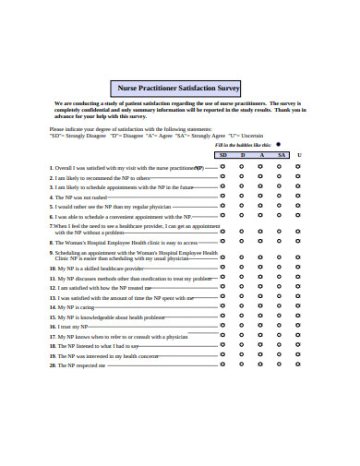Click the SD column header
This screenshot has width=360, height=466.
222,155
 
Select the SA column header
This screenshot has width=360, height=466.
281,155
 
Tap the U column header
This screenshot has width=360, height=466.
299,155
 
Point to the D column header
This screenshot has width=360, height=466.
243,155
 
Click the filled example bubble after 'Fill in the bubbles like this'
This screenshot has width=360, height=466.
281,145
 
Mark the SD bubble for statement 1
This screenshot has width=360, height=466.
222,168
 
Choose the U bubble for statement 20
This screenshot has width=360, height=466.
299,365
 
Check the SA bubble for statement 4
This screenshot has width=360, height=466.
281,197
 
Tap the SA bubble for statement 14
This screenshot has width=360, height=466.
281,307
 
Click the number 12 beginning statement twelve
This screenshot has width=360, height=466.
53,288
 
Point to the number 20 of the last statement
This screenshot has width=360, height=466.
53,365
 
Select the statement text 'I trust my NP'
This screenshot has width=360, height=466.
73,327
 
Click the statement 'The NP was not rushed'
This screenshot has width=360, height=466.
82,197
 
